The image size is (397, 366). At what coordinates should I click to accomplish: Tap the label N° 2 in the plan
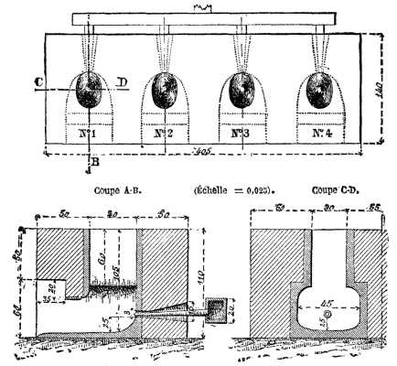pos(166,134)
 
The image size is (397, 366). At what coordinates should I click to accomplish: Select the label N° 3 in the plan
pos(241,134)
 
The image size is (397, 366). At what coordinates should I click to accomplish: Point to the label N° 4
pos(320,134)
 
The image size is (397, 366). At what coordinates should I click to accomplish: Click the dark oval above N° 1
pos(90,91)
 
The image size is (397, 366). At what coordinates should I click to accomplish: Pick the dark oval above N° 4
pos(320,90)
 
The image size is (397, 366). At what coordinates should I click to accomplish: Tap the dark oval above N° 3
pos(242,90)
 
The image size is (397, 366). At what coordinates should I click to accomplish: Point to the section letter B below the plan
pos(95,164)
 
